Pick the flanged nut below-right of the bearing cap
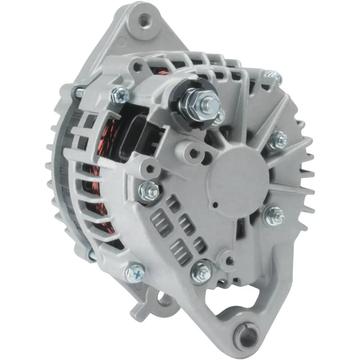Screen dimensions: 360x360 [x=274, y=215]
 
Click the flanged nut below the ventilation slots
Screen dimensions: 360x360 [x=201, y=272]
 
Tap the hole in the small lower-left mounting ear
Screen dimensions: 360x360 [x=162, y=299]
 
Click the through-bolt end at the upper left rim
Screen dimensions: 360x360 [x=78, y=92]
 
